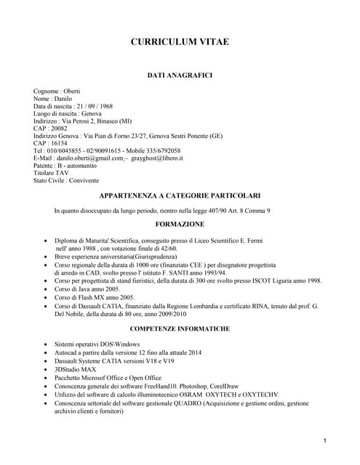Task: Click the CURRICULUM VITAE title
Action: point(180,42)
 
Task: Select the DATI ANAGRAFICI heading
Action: point(180,75)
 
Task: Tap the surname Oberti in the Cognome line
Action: point(71,92)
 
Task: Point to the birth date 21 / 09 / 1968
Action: point(95,106)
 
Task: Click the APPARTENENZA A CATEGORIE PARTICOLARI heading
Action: point(180,195)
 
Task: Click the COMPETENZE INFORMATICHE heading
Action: point(180,328)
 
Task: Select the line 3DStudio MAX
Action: point(78,369)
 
